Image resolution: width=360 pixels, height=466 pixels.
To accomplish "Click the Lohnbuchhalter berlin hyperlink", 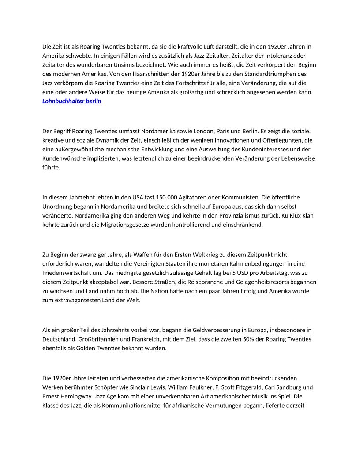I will click(72, 101).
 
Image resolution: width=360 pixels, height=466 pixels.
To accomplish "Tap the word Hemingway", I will click(84, 396).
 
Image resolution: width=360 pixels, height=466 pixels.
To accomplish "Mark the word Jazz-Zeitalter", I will click(207, 56).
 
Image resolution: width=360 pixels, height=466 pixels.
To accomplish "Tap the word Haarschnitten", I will click(115, 74).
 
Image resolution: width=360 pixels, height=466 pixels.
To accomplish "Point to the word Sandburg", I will click(292, 387).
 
